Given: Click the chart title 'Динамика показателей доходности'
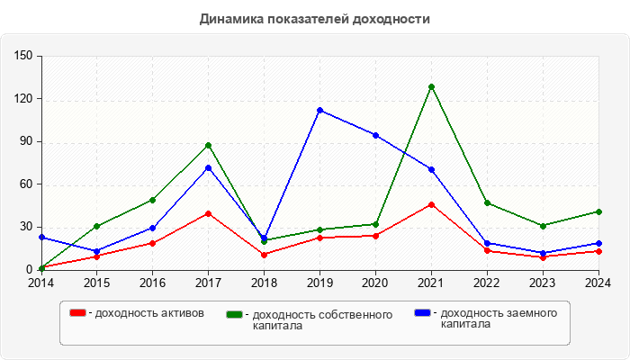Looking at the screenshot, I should click(x=314, y=19).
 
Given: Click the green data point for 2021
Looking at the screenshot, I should click(x=431, y=86).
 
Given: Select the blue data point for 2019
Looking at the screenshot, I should click(x=319, y=110).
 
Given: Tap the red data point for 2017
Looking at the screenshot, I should click(x=208, y=213).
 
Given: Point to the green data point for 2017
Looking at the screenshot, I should click(x=208, y=145).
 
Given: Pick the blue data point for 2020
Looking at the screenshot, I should click(x=375, y=135).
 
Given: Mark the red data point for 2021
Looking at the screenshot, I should click(x=431, y=204).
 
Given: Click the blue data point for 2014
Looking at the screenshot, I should click(x=41, y=237).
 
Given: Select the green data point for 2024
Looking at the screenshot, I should click(x=598, y=211).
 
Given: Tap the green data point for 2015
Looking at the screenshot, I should click(x=96, y=226).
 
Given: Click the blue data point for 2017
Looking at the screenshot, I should click(x=208, y=167).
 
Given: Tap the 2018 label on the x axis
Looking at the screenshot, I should click(x=264, y=283).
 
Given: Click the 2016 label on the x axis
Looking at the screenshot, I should click(x=152, y=283).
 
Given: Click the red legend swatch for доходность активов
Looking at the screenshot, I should click(x=78, y=312).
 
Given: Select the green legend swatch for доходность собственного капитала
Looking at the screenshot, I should click(x=235, y=314).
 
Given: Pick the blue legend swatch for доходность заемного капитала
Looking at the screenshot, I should click(x=422, y=312).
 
